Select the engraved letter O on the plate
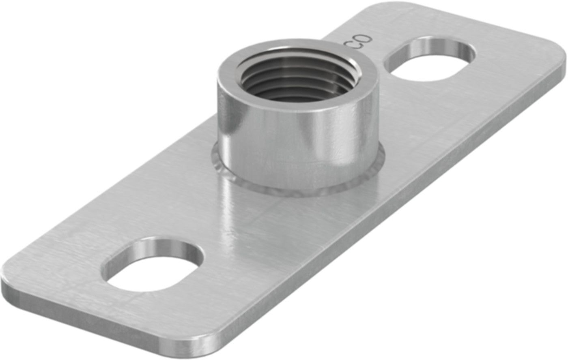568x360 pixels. pyautogui.click(x=364, y=39)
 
